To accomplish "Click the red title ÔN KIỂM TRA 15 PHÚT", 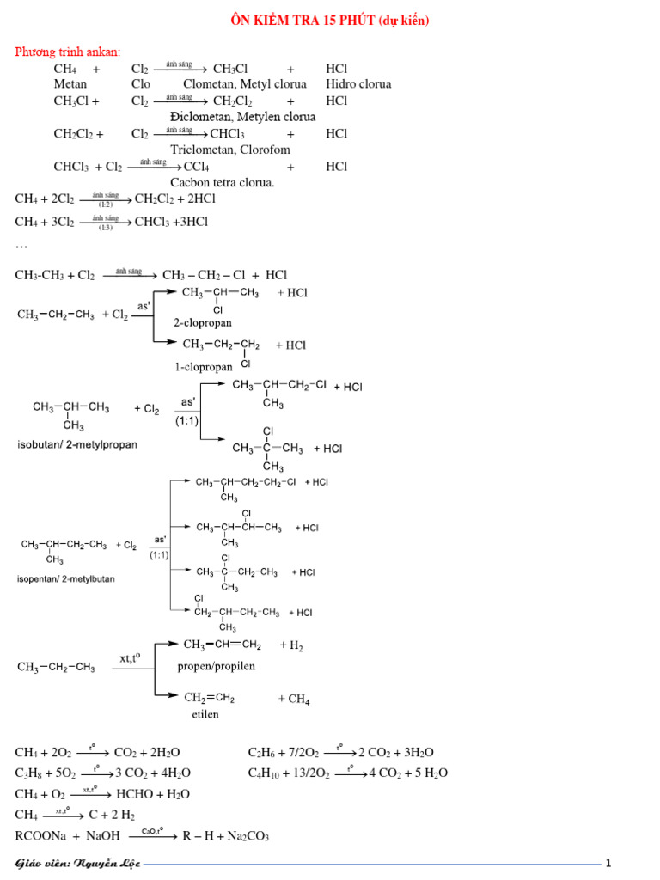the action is point(302,21).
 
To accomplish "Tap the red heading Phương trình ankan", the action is point(67,52).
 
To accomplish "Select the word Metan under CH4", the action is point(70,84).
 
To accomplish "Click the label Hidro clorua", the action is point(358,84).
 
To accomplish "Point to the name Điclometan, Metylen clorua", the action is point(243,117).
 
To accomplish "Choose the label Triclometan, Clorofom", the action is point(230,150).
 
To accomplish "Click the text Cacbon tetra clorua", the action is point(223,182).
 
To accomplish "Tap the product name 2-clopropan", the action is point(203,323).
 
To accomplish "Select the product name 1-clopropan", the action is point(204,367).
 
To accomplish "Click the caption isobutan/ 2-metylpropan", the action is point(77,444).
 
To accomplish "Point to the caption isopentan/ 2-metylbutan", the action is point(65,578).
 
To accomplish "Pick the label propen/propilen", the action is point(216,666).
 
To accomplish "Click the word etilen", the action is point(205,714).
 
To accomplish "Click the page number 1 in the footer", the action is point(608,863).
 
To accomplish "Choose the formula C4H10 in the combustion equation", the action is point(264,773).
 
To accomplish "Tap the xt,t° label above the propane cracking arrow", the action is point(131,657).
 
